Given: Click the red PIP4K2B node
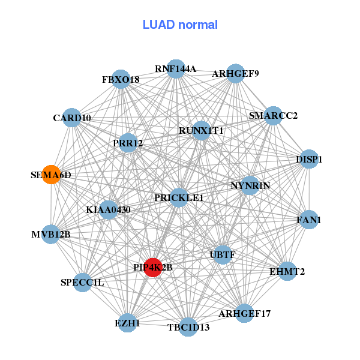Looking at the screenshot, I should [153, 268].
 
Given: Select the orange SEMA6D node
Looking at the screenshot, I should [51, 175].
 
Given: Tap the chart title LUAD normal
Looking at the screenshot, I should [180, 25].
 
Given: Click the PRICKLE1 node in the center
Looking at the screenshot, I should [179, 197].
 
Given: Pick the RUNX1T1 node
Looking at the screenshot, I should [201, 130].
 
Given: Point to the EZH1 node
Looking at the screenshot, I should [127, 323].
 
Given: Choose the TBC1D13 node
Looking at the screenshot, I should [188, 326].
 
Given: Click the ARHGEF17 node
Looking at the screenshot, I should [244, 313].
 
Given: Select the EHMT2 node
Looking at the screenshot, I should [287, 271].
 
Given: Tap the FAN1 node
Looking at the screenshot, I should [309, 220].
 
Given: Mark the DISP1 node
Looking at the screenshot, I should [309, 160].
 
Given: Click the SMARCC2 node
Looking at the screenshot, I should [273, 116].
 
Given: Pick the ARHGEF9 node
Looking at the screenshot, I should [235, 74].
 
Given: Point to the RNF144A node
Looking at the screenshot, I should [176, 69].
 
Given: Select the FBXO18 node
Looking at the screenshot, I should [121, 79].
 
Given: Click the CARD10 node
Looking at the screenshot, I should [72, 118].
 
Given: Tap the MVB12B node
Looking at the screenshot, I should [52, 234].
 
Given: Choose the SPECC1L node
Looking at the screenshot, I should [82, 282].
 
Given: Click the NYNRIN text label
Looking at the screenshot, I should [251, 186].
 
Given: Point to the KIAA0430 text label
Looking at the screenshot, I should [108, 210].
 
